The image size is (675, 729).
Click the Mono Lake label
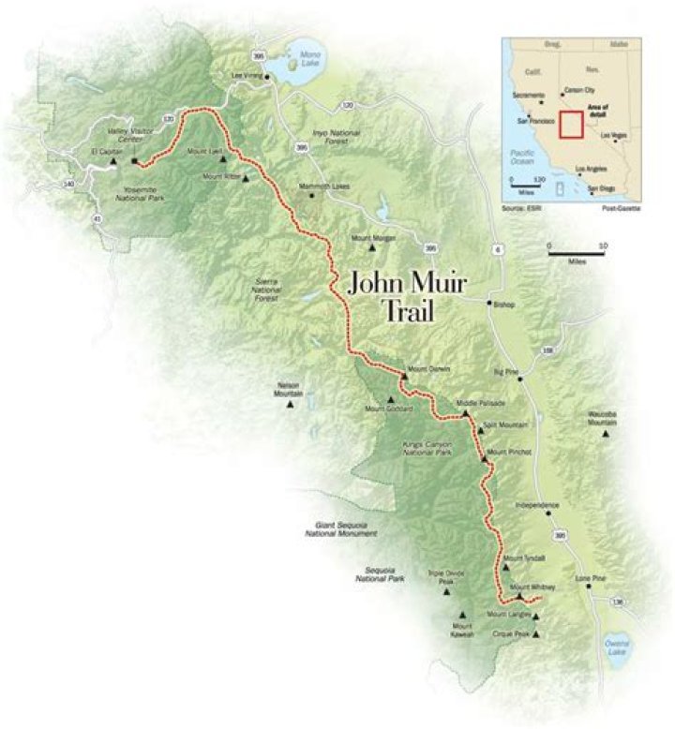[x=310, y=61]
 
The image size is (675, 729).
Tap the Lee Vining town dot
[x=267, y=78]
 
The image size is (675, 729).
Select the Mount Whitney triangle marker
[x=518, y=596]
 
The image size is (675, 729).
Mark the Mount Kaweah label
[x=462, y=630]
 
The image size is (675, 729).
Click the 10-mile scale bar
[x=577, y=254]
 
